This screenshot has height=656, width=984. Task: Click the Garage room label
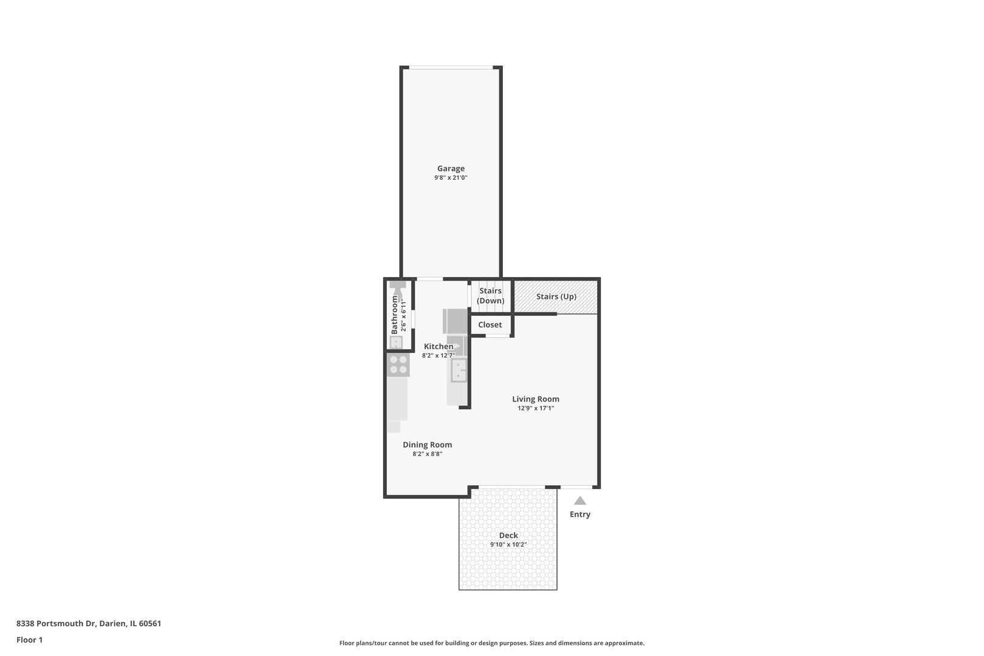point(451,169)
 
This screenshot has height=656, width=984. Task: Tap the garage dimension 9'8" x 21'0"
point(451,178)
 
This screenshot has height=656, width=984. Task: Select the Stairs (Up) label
point(556,296)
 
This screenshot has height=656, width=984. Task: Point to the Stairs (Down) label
point(490,296)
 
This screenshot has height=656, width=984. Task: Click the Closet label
point(490,325)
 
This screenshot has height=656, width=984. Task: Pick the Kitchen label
point(438,346)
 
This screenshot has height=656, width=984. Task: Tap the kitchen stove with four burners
point(398,364)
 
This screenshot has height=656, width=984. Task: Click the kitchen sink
point(459,370)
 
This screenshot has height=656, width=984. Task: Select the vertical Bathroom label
point(395,315)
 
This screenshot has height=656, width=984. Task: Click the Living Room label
point(535,399)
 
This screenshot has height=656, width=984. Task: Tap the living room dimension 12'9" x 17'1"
point(535,409)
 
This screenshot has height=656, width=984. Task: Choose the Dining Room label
point(427,445)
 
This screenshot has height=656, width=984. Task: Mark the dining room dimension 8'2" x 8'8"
point(427,454)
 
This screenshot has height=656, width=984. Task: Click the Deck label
point(508,535)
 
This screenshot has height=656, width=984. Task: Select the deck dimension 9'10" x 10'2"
point(508,545)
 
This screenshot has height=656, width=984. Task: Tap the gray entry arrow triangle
point(580,501)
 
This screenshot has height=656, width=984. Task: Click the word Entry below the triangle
point(580,514)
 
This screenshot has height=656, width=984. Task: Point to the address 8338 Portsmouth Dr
point(89,623)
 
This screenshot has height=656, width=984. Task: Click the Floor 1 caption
point(29,640)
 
